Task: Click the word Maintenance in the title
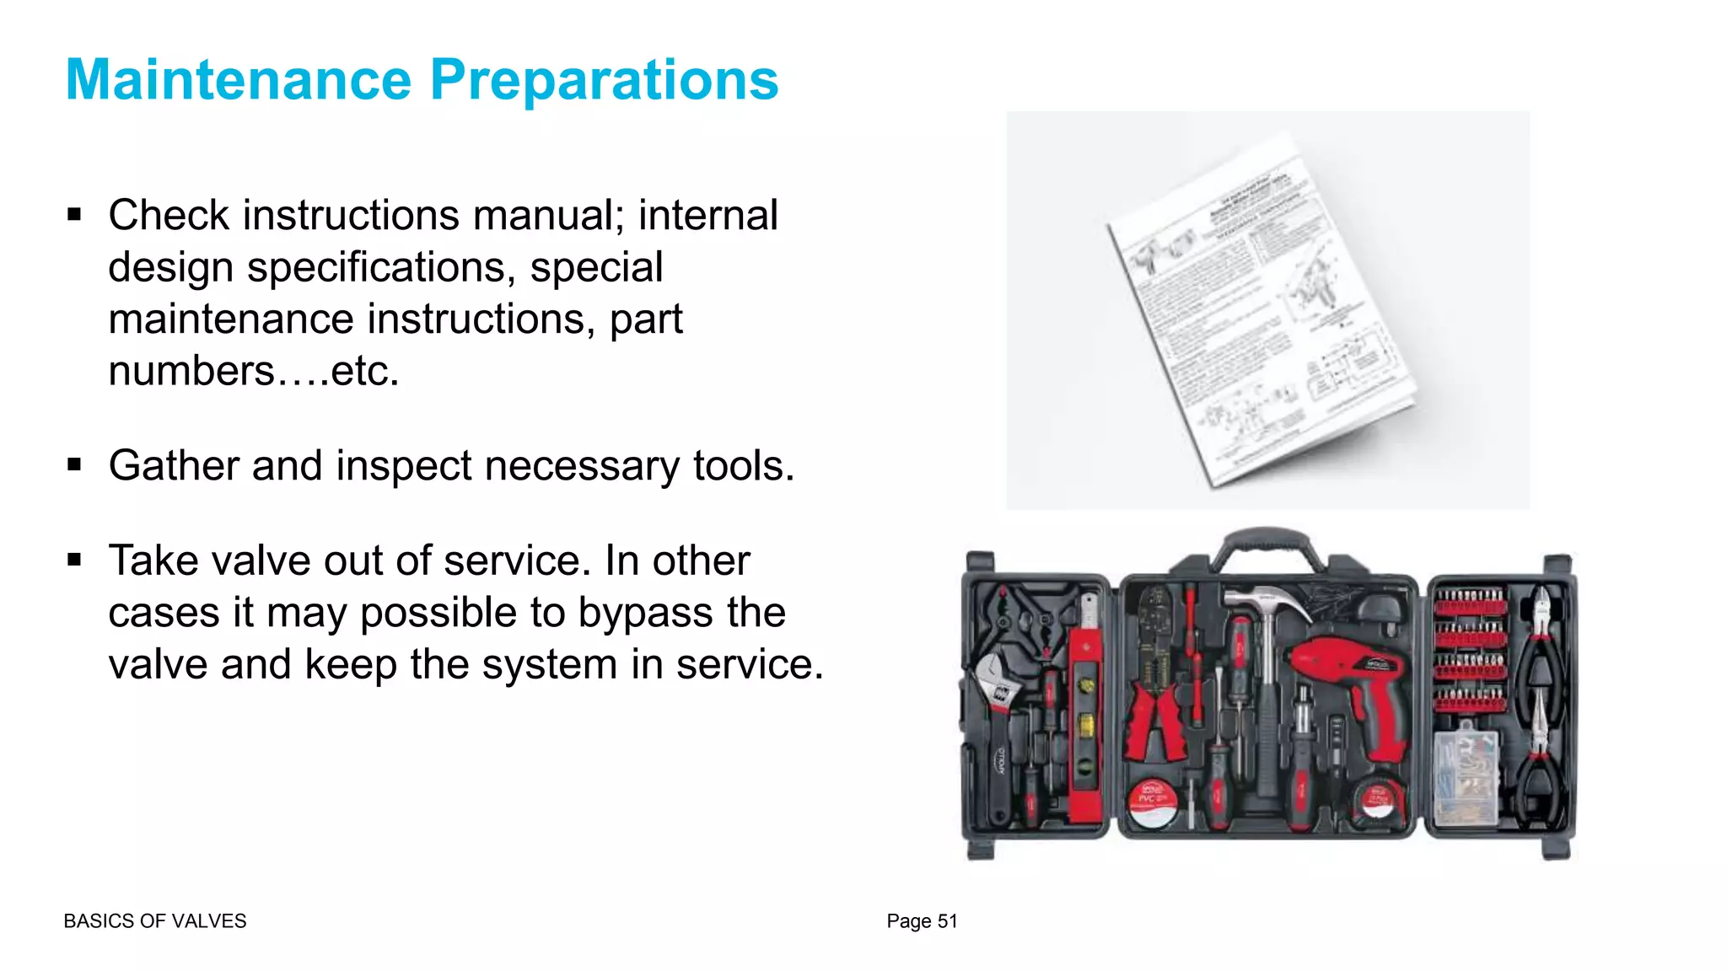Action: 238,80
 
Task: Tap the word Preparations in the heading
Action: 604,80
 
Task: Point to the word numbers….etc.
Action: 253,371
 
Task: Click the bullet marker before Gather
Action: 75,464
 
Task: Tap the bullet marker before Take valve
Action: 75,560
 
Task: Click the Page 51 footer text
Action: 922,921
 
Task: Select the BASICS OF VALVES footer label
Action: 155,921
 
